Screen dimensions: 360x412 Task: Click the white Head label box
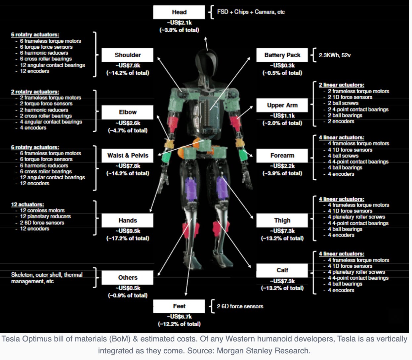(x=179, y=12)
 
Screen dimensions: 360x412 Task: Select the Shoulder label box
(x=127, y=55)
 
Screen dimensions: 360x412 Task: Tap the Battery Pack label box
(x=282, y=55)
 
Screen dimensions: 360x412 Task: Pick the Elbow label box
(x=127, y=112)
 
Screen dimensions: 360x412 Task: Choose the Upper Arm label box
(x=282, y=105)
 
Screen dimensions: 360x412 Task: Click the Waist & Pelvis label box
(x=127, y=156)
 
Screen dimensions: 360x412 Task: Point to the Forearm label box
(x=282, y=156)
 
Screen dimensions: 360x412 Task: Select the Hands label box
(x=127, y=220)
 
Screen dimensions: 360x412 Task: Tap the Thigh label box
(x=282, y=220)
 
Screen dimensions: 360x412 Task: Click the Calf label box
(x=282, y=270)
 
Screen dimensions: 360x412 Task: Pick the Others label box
(x=127, y=278)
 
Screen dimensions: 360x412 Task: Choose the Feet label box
(x=179, y=306)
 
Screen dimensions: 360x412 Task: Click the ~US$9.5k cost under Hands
(x=128, y=231)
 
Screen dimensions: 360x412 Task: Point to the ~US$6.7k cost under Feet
(x=179, y=317)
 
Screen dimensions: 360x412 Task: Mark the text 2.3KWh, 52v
(x=335, y=55)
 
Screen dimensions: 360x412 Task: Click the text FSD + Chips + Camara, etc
(x=251, y=12)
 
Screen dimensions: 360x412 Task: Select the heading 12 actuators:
(x=27, y=204)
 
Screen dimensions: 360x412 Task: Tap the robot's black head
(x=205, y=61)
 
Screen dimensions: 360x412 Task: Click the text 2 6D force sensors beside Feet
(x=240, y=306)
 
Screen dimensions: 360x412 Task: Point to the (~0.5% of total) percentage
(x=282, y=73)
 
